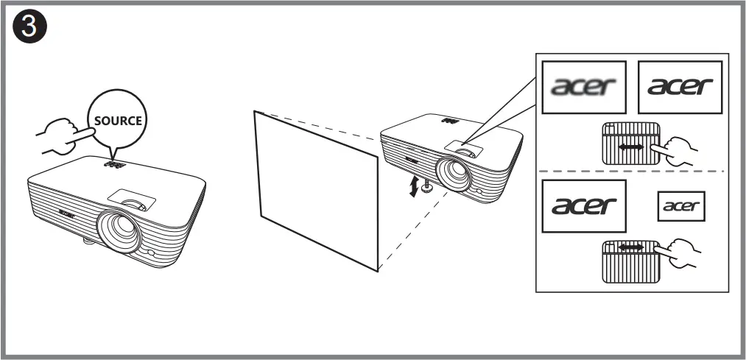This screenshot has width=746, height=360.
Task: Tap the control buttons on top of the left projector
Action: tap(113, 167)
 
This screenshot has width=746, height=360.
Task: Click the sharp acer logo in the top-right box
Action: tap(680, 86)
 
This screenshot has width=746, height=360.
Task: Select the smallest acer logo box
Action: tap(680, 206)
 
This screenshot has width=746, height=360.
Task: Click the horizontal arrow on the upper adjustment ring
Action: tap(630, 148)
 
